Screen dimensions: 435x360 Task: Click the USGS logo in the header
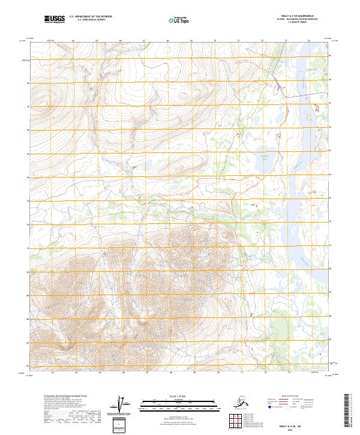pyautogui.click(x=55, y=20)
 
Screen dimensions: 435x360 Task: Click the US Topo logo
pyautogui.click(x=178, y=20)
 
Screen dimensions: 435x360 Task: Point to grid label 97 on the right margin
pyautogui.click(x=331, y=103)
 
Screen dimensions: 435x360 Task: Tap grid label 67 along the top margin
pyautogui.click(x=145, y=41)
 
